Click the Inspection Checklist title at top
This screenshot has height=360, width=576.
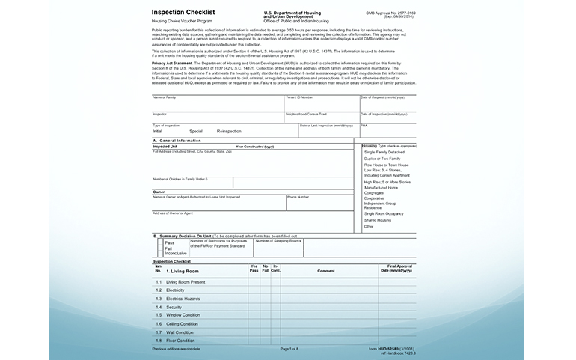[183, 13]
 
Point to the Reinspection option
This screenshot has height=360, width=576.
[229, 131]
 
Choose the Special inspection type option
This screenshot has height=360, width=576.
[196, 131]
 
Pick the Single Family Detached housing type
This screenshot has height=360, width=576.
[384, 152]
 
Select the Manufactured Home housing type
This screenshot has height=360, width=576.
[381, 187]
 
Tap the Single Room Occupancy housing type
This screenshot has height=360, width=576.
[383, 213]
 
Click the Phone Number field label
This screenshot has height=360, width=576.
[298, 197]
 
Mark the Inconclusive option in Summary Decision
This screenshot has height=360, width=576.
[175, 253]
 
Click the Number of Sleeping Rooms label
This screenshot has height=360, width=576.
[278, 241]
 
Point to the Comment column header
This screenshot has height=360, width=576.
[325, 270]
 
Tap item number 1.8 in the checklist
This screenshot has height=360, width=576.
[159, 341]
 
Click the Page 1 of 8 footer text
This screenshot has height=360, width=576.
[289, 349]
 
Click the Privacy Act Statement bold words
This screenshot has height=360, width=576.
[176, 64]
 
